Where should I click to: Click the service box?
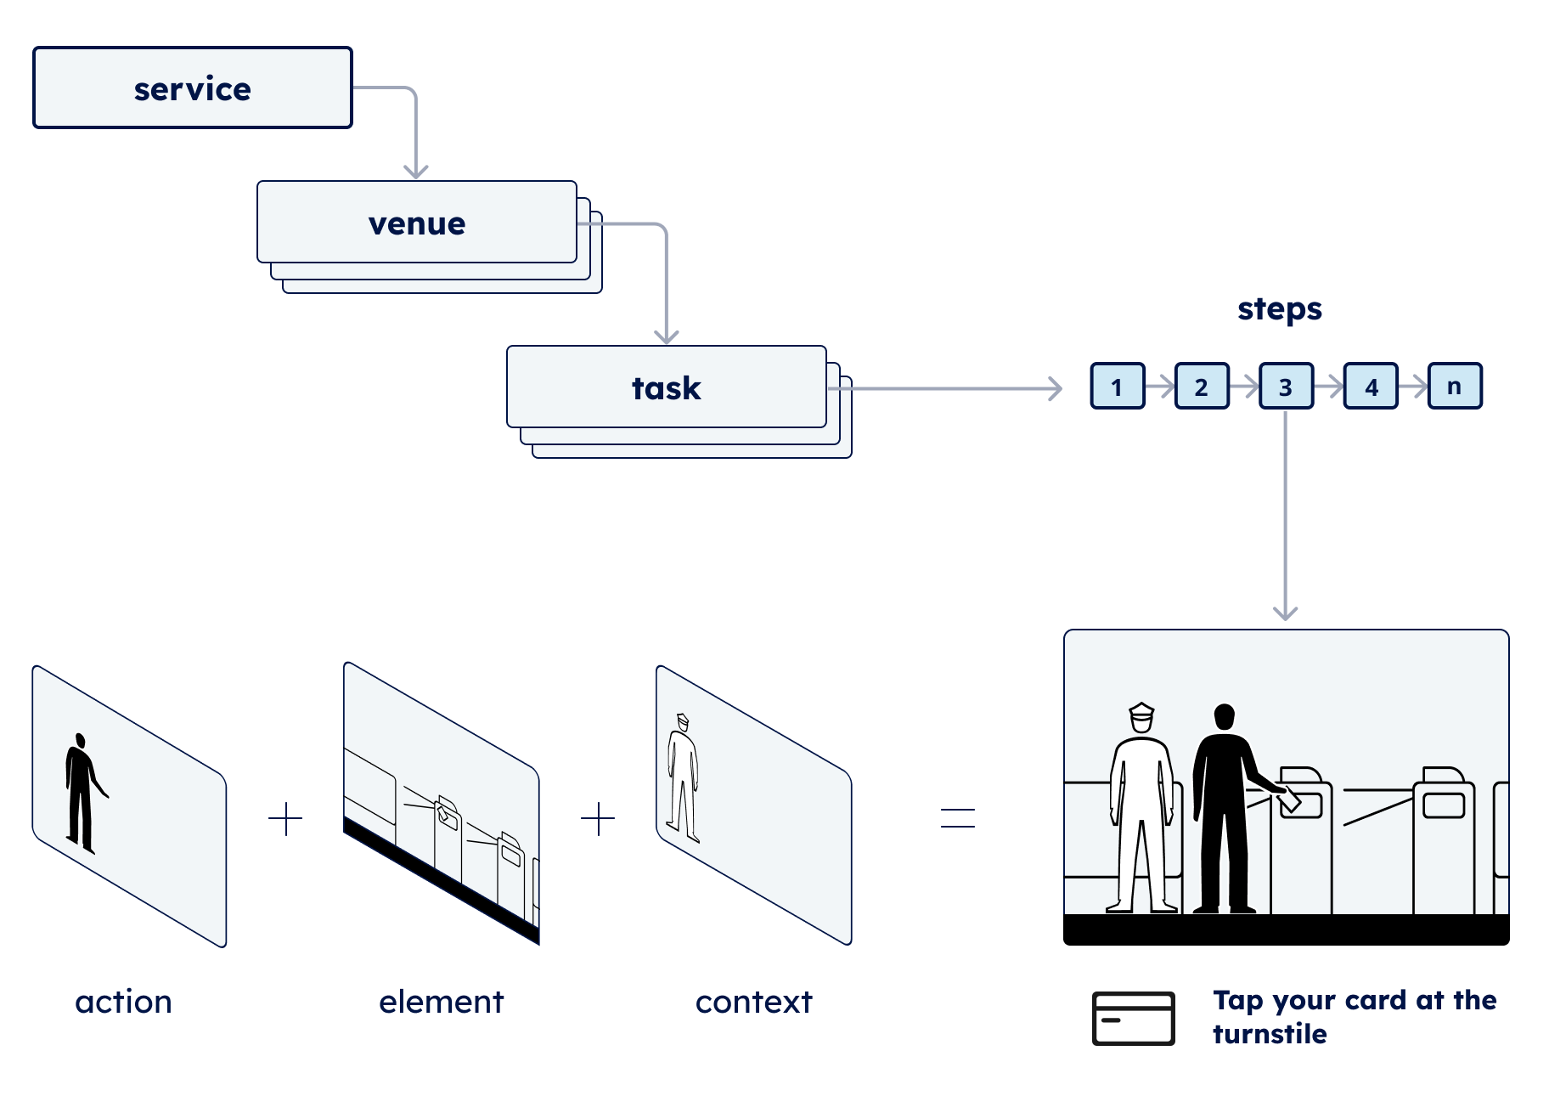193,88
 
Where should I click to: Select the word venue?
417,223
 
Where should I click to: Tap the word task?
667,388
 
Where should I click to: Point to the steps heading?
1280,309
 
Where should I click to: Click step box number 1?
1118,387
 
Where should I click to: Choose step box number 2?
1202,387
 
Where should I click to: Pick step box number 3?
1286,387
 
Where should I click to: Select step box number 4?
1371,387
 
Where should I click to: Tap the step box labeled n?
1455,387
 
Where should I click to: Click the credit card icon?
1133,1018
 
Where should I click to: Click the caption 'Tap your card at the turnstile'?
1354,1017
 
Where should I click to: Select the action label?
124,1003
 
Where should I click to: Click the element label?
442,1003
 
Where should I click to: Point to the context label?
754,1003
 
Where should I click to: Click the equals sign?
958,818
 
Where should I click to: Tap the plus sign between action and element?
285,819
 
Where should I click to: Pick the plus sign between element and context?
598,819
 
